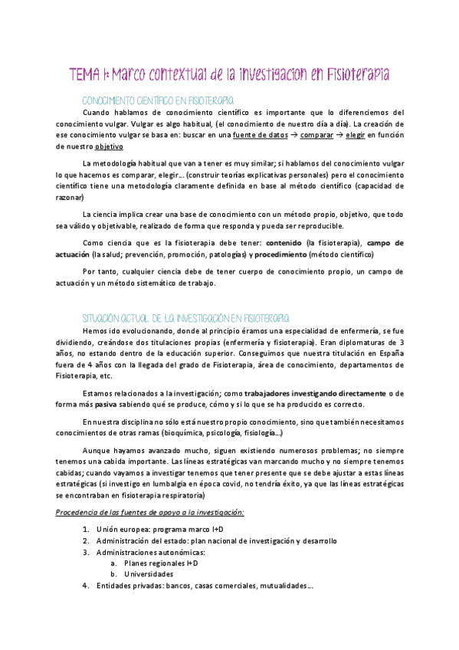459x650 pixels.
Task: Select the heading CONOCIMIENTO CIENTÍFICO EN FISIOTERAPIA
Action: point(158,100)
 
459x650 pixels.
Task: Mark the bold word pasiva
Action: point(105,405)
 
